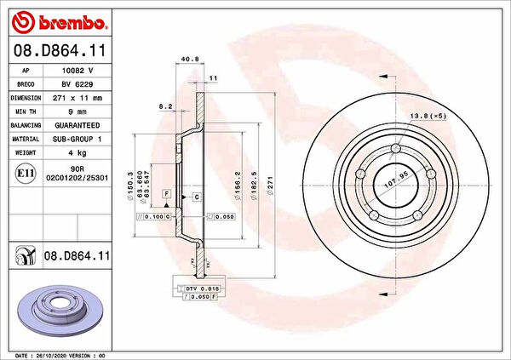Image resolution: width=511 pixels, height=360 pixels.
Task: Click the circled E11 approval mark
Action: coord(25,174)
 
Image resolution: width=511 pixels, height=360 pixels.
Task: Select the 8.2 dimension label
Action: coord(167,106)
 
